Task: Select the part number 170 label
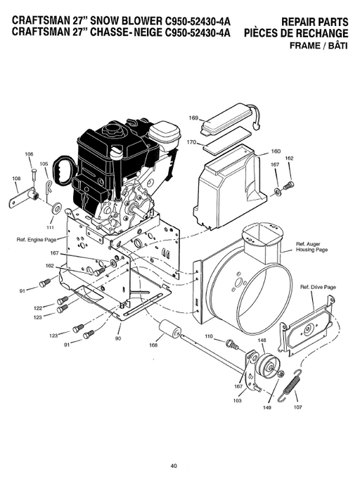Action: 191,142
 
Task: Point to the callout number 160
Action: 276,151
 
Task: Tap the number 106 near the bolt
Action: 30,154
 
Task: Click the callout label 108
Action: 17,179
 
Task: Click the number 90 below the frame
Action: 118,339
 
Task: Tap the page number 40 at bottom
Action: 173,464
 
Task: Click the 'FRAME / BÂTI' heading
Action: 317,46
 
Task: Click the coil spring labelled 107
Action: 292,386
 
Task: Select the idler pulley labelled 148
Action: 265,365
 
